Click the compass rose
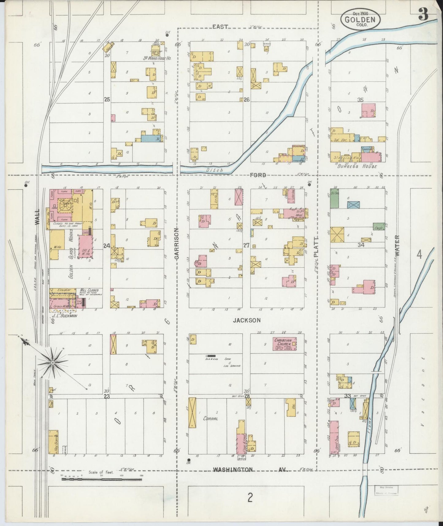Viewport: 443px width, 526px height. click(53, 363)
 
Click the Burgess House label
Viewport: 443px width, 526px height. click(357, 166)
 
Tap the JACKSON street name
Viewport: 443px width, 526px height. click(246, 320)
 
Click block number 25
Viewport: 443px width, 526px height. click(107, 99)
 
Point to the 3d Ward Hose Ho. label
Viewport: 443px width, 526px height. click(157, 58)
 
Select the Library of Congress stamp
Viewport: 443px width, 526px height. click(386, 490)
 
